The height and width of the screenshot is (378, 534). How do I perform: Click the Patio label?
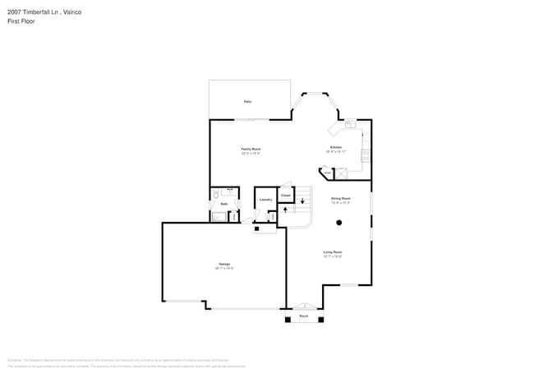(x=247, y=101)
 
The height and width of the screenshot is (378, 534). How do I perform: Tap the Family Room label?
(x=251, y=150)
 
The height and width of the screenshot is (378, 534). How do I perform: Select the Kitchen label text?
(x=336, y=148)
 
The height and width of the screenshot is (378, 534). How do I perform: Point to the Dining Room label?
(x=341, y=198)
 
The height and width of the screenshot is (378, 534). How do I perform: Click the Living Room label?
(x=333, y=252)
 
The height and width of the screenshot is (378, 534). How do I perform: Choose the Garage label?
(x=224, y=264)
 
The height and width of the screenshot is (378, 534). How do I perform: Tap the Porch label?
(x=303, y=316)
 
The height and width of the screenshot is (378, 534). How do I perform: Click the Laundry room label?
(x=265, y=200)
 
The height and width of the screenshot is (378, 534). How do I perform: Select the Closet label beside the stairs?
(x=286, y=196)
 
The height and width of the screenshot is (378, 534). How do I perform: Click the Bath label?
(x=224, y=204)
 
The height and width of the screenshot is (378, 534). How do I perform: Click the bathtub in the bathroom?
(x=220, y=217)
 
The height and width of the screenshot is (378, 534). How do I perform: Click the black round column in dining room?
(x=339, y=223)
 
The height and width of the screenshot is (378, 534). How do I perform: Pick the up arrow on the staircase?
(x=284, y=210)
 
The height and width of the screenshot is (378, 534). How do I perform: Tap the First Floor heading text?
(x=21, y=21)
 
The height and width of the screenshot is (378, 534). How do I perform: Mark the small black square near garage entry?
(x=256, y=229)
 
